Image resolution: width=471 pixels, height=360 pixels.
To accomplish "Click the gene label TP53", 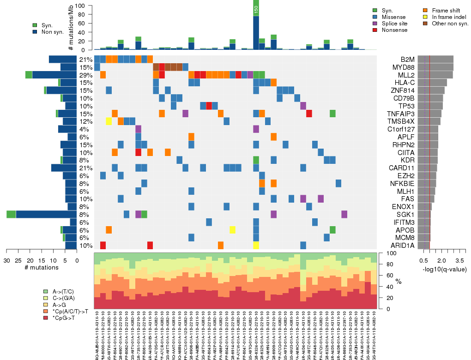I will coord(401,106).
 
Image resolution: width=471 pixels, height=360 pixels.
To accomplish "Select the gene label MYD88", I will coord(401,67).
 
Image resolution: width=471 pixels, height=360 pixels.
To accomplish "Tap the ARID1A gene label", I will coord(401,246).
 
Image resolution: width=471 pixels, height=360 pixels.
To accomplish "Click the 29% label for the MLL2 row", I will coord(86,75).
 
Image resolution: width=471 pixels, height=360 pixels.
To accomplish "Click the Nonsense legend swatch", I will coord(375,30).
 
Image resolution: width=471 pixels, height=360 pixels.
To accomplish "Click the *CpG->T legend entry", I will coord(65,318).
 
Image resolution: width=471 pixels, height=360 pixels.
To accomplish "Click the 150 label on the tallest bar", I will coord(256,10).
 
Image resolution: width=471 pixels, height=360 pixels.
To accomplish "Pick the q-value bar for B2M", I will coord(435,60).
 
